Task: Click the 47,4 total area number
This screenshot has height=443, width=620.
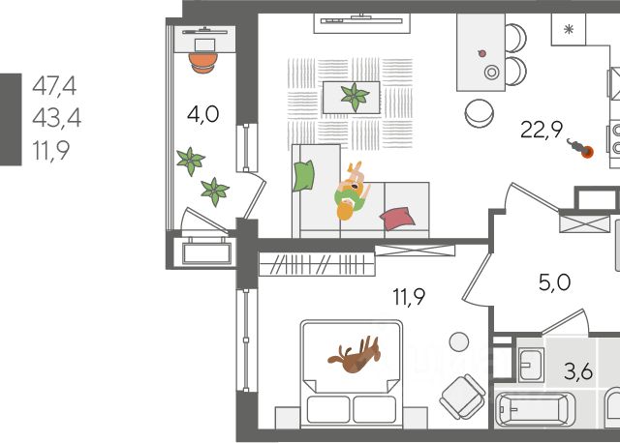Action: (x=53, y=86)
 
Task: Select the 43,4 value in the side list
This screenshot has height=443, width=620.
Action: (x=53, y=118)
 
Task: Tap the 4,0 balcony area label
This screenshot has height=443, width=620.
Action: (x=202, y=113)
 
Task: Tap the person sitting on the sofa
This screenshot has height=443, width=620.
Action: (x=351, y=192)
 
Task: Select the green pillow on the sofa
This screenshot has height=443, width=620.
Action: (x=305, y=175)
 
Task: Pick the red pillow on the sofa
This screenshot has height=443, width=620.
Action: (x=397, y=218)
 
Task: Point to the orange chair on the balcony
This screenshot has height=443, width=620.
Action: (x=202, y=61)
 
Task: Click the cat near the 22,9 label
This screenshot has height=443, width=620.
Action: (x=581, y=150)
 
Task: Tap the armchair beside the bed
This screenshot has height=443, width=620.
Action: (x=460, y=396)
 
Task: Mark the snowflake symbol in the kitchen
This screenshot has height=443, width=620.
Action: (x=570, y=29)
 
